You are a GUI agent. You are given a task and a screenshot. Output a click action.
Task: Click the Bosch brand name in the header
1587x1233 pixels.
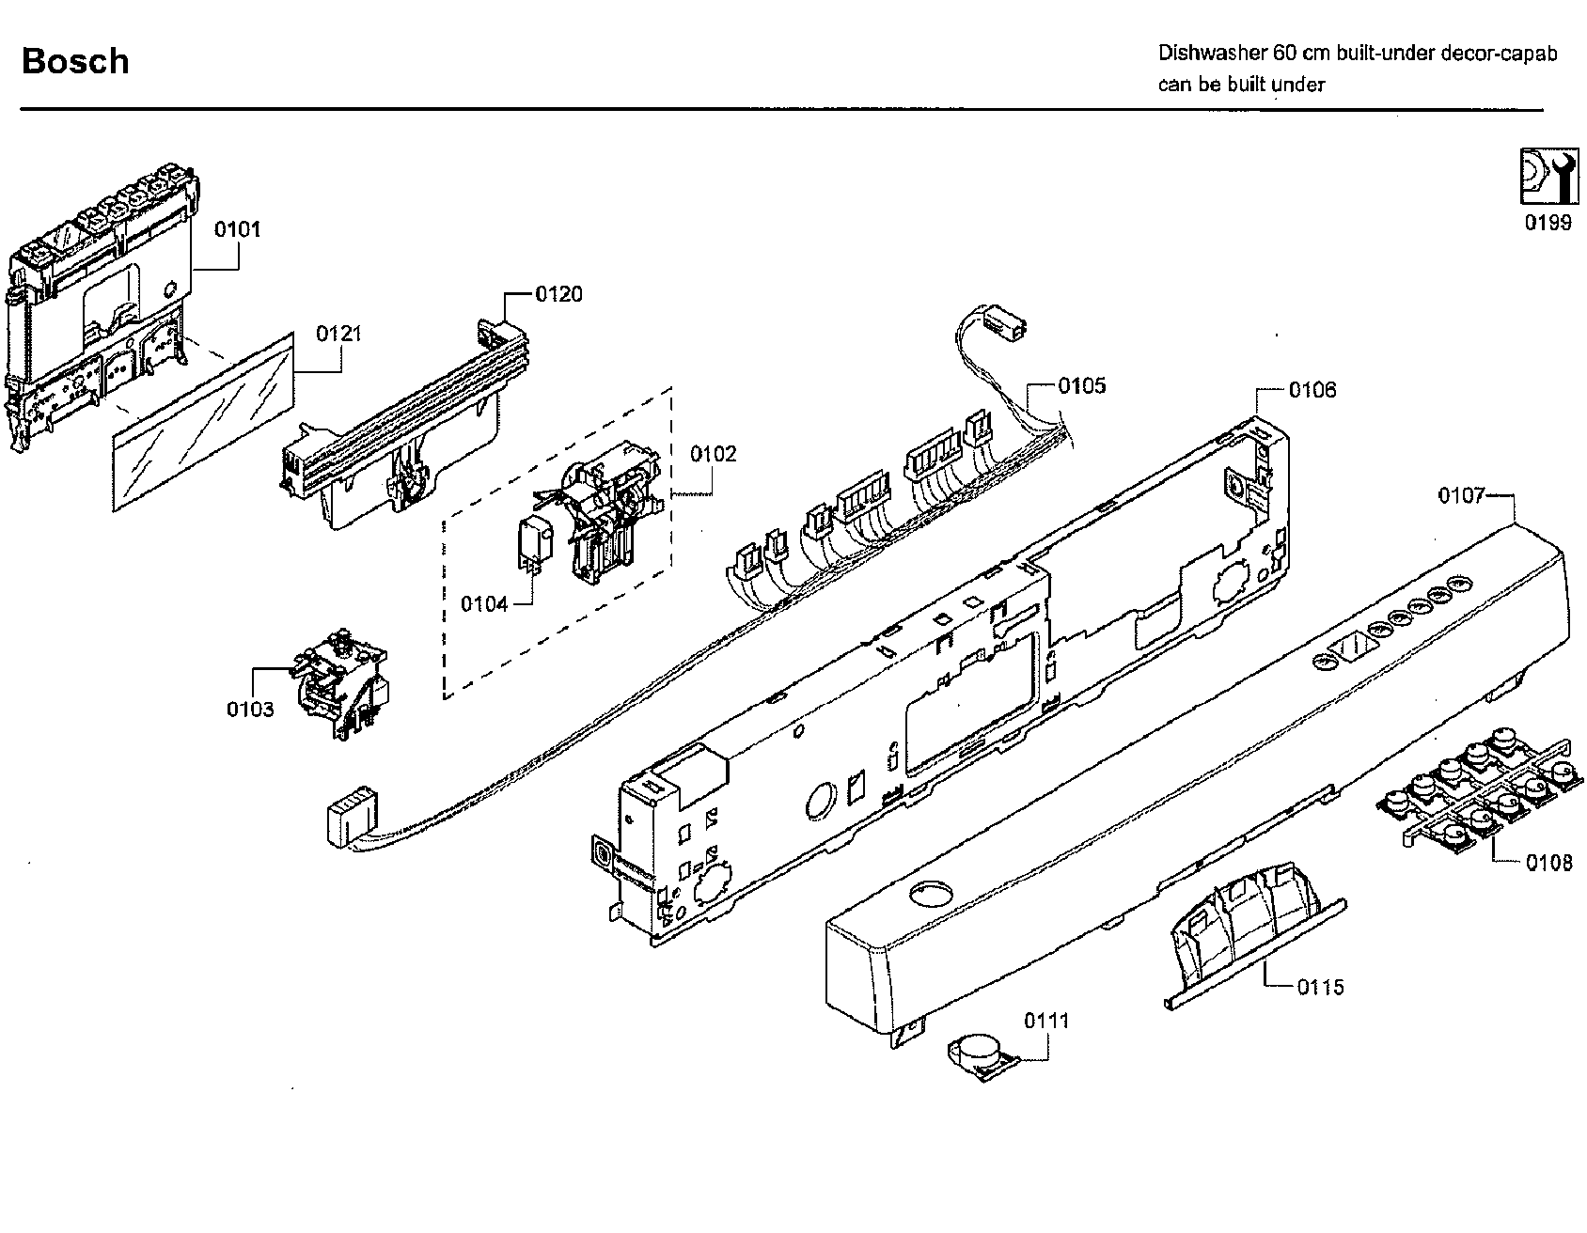coord(75,61)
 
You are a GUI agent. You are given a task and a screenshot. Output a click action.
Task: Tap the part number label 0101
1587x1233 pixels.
coord(238,229)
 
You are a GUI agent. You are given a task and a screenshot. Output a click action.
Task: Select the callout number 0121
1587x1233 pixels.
coord(338,334)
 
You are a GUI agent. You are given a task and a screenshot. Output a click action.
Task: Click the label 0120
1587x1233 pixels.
coord(558,294)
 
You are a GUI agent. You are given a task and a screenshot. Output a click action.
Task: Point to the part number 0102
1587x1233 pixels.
coord(714,454)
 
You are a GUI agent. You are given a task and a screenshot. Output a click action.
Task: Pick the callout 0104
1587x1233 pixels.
coord(484,603)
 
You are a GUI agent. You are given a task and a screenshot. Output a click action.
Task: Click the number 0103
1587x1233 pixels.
coord(250,709)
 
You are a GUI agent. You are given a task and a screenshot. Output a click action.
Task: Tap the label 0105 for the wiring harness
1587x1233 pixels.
coord(1081,385)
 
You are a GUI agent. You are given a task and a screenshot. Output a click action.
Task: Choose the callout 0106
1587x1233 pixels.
coord(1312,390)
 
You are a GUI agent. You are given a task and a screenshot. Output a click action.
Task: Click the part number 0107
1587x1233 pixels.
coord(1461,495)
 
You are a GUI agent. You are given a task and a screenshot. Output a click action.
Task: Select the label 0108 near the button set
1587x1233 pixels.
coord(1549,862)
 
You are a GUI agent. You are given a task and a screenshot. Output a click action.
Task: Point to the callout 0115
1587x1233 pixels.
coord(1321,987)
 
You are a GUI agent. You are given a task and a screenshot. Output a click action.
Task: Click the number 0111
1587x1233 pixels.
coord(1046,1020)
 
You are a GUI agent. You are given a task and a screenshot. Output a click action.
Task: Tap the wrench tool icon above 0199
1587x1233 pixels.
coord(1547,176)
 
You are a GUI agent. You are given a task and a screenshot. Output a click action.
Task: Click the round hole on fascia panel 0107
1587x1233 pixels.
coord(931,893)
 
